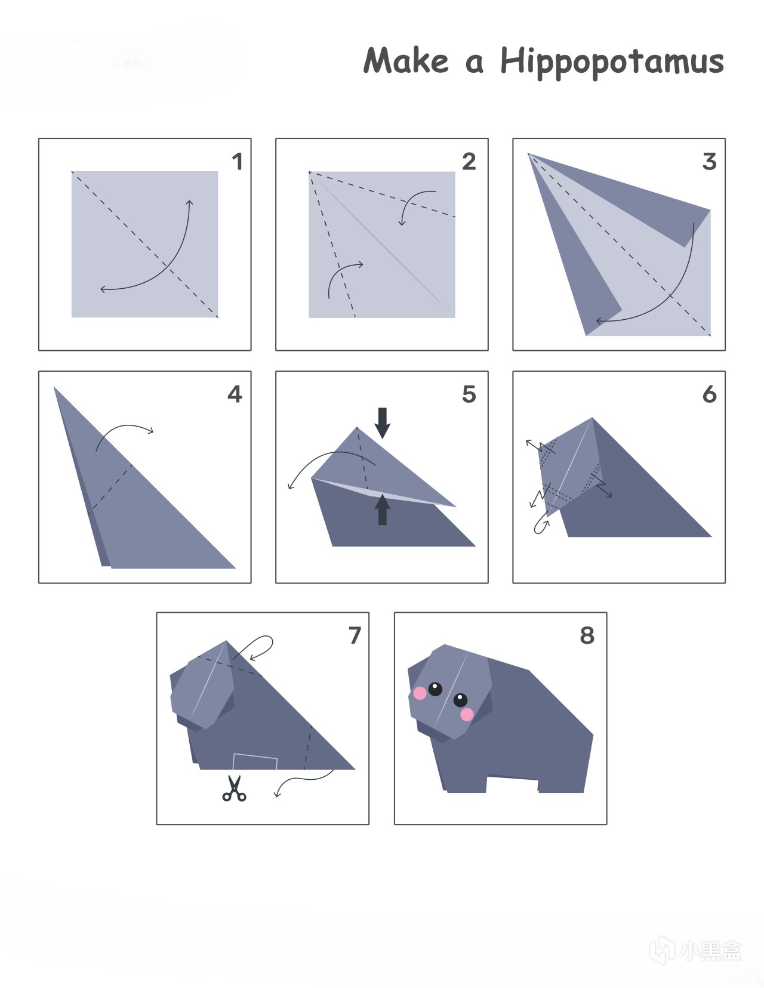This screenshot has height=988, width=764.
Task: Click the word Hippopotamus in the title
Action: [612, 62]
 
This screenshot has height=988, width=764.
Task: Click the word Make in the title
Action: [406, 60]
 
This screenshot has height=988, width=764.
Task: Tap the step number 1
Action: [238, 162]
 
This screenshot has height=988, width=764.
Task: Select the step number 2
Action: [469, 162]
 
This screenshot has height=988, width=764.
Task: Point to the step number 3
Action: [710, 162]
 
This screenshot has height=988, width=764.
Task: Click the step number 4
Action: [235, 394]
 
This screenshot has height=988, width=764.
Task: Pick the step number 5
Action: [469, 394]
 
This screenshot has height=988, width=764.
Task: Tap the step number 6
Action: [710, 394]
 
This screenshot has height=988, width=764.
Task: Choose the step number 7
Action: [355, 635]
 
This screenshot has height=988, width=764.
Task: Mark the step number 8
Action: [587, 635]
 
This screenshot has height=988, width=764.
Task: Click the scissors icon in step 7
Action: [234, 788]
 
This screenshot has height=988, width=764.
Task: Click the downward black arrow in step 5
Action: [383, 423]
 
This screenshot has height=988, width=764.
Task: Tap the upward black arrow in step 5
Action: [383, 510]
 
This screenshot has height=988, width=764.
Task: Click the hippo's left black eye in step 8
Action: [435, 689]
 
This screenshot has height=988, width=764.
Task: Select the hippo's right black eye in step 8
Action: [460, 700]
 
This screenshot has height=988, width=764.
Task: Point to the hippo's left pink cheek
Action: [419, 693]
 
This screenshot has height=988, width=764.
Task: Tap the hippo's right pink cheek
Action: [467, 714]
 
